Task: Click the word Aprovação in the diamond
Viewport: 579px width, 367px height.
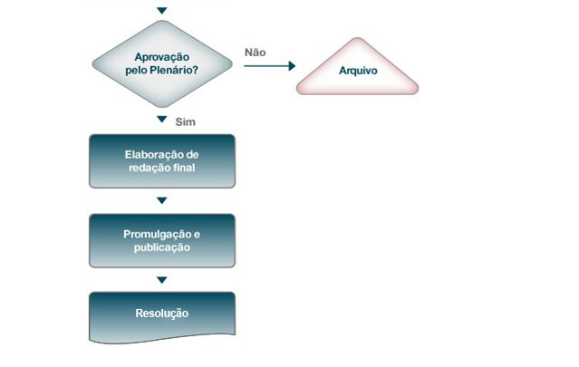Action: click(161, 58)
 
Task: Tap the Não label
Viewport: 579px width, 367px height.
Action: click(256, 53)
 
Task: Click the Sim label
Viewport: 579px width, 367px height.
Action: click(186, 121)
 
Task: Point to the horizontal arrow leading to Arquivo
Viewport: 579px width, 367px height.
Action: click(269, 66)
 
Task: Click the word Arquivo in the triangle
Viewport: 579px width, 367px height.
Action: click(358, 71)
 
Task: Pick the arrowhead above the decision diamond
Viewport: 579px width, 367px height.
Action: click(161, 10)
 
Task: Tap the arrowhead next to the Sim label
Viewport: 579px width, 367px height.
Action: click(161, 120)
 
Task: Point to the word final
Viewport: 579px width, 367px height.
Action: click(186, 168)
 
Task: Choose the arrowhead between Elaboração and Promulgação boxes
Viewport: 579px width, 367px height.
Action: click(161, 200)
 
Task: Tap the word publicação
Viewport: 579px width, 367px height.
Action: click(162, 247)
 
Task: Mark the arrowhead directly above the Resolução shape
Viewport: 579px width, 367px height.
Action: click(161, 280)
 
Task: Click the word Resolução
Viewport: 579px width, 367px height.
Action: click(162, 314)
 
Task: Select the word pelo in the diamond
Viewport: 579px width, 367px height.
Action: click(137, 71)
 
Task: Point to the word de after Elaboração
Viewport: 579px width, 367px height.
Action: click(192, 155)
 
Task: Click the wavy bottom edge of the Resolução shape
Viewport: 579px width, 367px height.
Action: click(162, 339)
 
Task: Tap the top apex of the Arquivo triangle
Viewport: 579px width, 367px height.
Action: click(357, 38)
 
